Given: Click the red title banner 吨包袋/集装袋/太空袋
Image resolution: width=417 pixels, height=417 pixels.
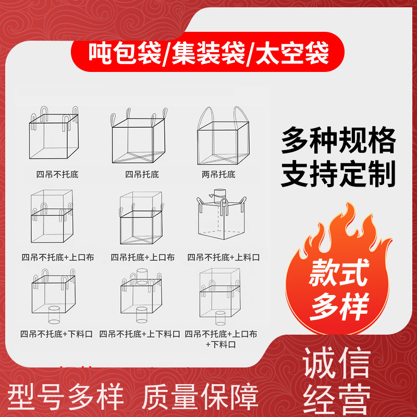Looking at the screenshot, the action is (x=207, y=52).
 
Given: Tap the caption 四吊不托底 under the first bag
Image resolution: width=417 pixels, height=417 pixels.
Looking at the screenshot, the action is (x=57, y=175).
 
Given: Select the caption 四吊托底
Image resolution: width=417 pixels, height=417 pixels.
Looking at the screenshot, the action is (x=142, y=175).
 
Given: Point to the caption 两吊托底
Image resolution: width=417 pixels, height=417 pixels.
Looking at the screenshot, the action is (x=218, y=175).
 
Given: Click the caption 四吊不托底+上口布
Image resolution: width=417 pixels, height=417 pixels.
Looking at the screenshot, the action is (x=58, y=257).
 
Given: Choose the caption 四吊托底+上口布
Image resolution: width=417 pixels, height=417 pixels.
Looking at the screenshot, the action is (x=142, y=257).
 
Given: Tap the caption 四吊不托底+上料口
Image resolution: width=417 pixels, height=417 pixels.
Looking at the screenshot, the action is (x=224, y=257).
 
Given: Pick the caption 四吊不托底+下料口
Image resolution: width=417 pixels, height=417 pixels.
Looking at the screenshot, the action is (x=56, y=334).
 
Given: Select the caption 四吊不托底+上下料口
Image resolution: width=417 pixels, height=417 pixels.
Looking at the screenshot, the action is (x=140, y=334).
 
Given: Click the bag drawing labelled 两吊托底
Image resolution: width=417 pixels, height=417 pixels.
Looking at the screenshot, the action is (x=224, y=136).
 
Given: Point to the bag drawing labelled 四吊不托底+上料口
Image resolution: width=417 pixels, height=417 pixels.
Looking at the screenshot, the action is (x=222, y=214).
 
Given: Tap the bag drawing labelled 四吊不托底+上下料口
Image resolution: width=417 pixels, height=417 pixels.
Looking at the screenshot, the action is (x=141, y=296).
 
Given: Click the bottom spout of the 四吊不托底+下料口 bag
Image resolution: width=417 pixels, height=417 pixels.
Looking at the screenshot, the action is (x=54, y=315).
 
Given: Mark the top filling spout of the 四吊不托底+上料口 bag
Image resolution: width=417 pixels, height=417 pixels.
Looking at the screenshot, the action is (x=220, y=194).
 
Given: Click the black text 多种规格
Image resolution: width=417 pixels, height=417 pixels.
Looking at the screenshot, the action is (x=338, y=140).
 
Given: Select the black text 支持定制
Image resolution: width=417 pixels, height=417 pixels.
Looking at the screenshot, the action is (x=338, y=174).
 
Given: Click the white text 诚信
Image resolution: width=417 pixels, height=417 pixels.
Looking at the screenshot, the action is (x=337, y=363).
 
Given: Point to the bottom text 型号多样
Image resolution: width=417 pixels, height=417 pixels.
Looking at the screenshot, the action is (x=66, y=397).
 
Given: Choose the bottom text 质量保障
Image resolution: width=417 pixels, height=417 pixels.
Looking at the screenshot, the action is (x=200, y=397).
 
